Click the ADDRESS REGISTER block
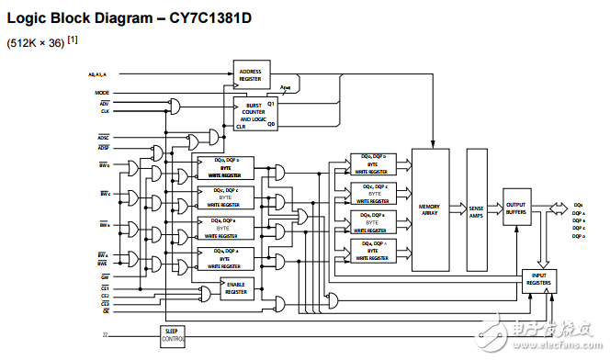[250, 75]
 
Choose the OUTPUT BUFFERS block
[516, 208]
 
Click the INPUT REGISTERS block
[539, 281]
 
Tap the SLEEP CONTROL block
[171, 336]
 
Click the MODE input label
[102, 93]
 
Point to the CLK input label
[105, 111]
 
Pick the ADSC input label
[103, 137]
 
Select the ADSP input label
[103, 147]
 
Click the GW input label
[105, 276]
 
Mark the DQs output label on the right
[577, 205]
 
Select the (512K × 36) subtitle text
[34, 42]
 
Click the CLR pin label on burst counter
[242, 127]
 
